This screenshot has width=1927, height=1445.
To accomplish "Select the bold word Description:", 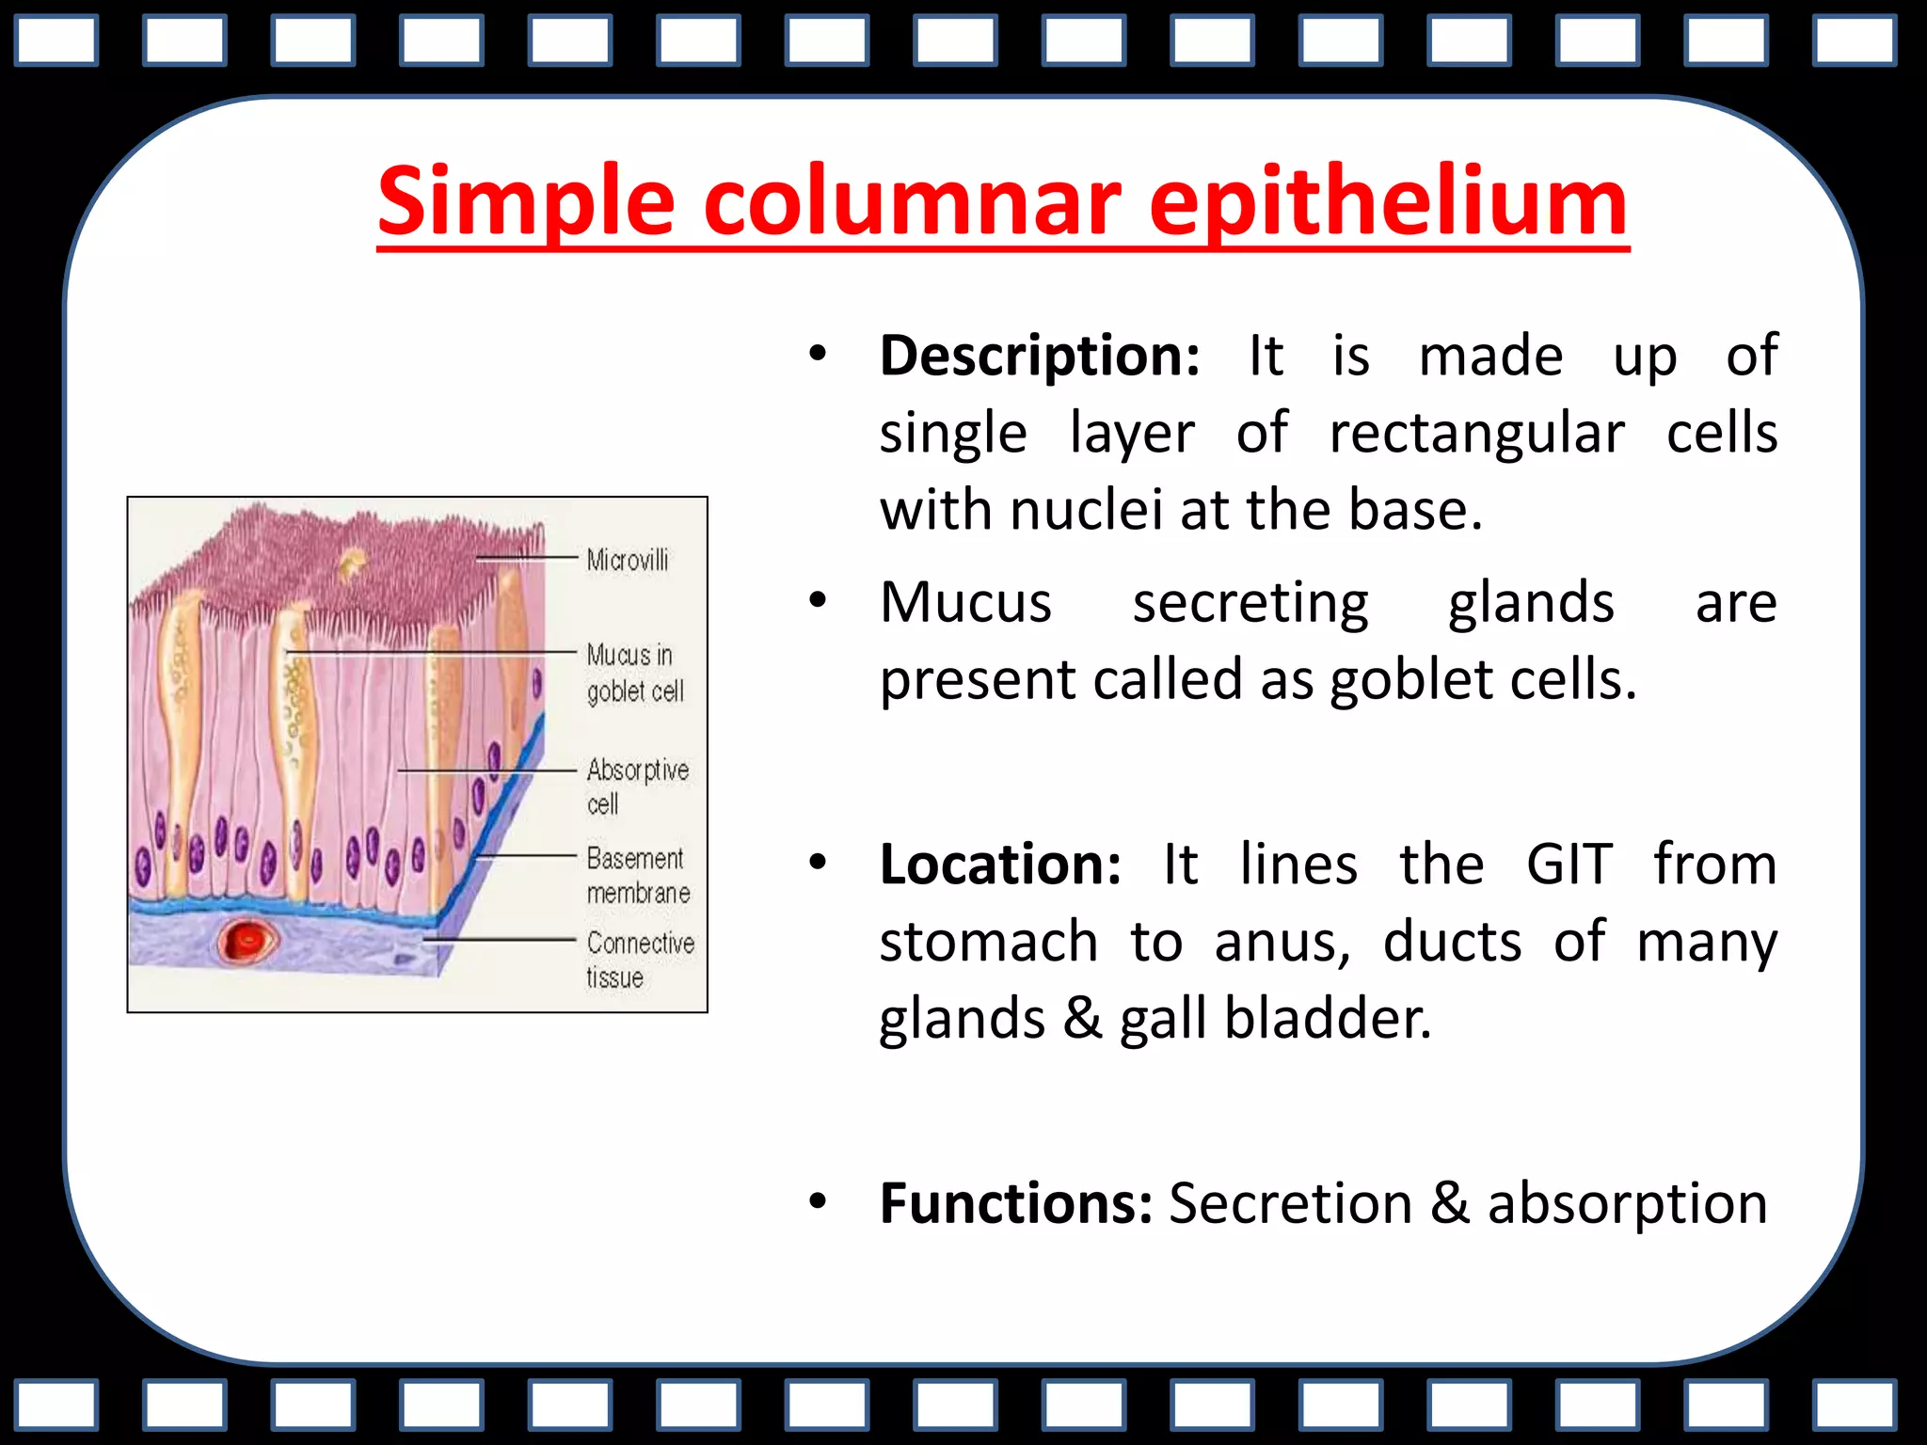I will (1039, 357).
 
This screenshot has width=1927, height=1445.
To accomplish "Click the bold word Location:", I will (1000, 865).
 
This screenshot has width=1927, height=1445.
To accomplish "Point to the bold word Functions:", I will (1016, 1203).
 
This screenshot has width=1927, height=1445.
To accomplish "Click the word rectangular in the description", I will (1476, 434).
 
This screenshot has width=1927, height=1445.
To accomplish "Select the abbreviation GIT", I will (1569, 865).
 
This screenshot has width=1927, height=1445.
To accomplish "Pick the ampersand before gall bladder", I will (1082, 1019).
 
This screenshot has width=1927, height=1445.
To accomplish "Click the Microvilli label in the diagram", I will (628, 561).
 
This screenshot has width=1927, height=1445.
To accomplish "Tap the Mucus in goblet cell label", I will (633, 673).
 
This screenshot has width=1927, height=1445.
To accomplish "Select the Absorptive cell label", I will (637, 786).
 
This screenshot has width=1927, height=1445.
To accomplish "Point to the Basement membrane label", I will (638, 875).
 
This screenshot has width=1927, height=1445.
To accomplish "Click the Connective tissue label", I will (640, 959).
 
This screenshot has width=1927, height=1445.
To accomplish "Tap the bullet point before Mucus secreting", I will (817, 600).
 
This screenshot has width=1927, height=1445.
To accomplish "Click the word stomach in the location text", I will (988, 942).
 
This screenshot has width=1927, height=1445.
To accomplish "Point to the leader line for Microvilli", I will (527, 558).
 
